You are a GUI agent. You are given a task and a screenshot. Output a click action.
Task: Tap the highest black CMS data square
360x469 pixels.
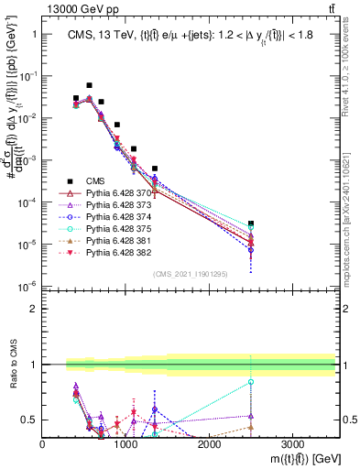[89, 85]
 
